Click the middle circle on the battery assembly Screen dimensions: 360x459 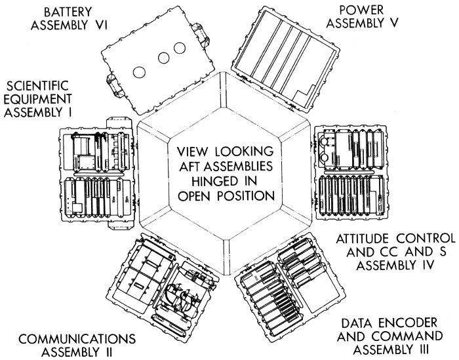[162, 58]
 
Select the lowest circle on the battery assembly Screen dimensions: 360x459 [139, 71]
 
